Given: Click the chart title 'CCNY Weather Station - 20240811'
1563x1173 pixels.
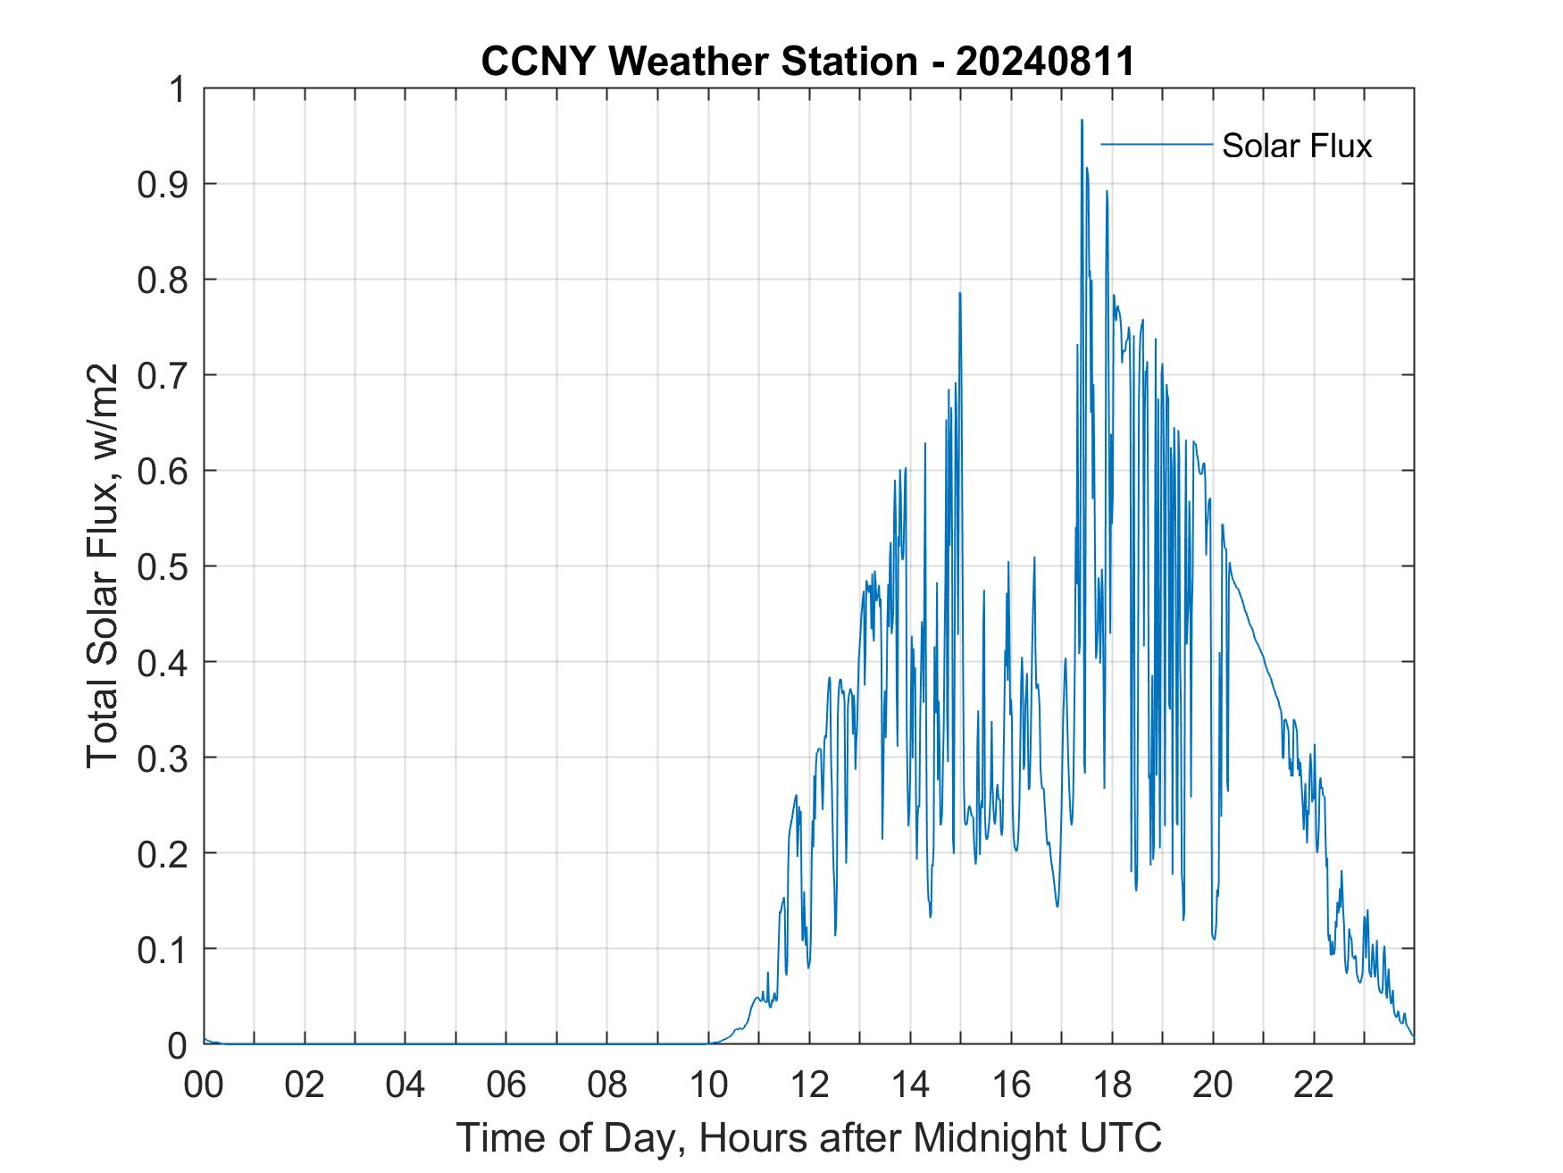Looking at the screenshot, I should [x=807, y=62].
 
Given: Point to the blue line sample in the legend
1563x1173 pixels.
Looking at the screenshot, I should [x=1157, y=144].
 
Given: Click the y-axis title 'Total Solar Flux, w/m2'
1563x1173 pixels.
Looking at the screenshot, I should [x=103, y=566].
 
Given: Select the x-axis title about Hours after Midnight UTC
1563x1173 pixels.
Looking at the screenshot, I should [x=808, y=1137].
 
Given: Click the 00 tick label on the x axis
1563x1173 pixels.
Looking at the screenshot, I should [x=204, y=1085].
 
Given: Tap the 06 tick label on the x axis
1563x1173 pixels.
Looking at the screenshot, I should [x=506, y=1085].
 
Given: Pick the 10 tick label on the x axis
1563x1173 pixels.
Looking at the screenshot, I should [x=708, y=1085].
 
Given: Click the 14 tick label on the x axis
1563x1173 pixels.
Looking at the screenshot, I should [x=910, y=1085].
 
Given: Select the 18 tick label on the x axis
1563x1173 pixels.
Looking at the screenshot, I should [x=1112, y=1085].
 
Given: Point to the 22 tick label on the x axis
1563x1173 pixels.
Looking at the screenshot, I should [x=1314, y=1085].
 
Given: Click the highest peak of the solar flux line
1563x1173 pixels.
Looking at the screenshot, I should [x=1082, y=121].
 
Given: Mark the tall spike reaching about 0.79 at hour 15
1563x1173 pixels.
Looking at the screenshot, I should [x=960, y=294].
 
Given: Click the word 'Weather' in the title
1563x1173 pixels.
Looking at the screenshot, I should [x=687, y=62].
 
